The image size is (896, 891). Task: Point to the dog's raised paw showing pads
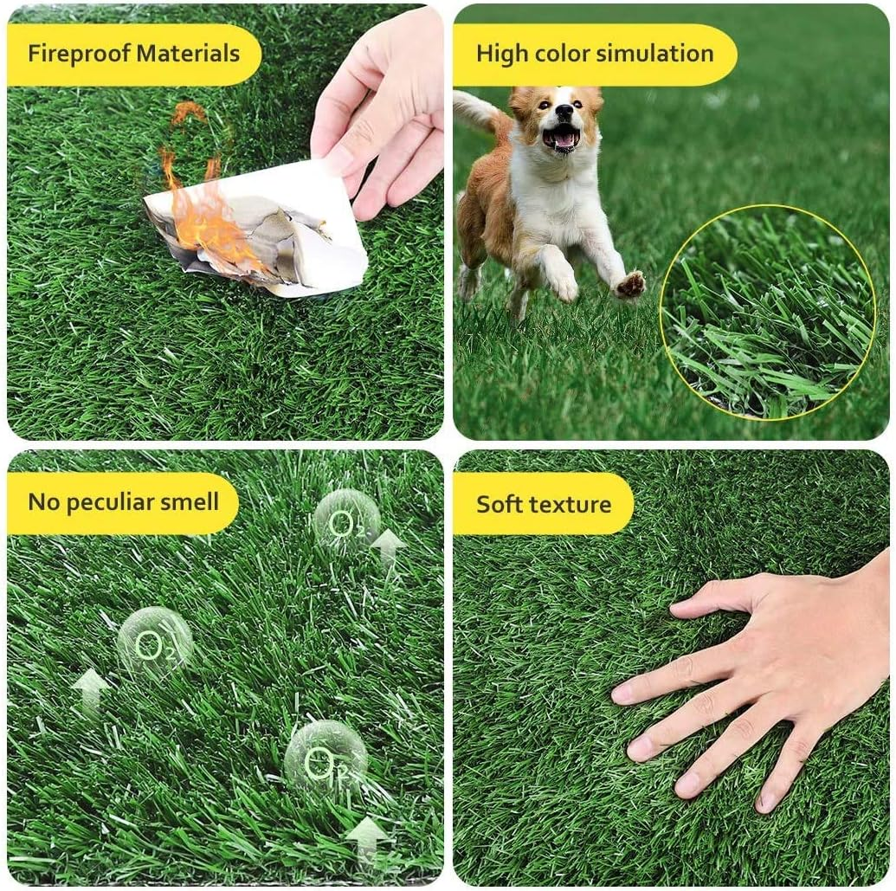click(x=630, y=284)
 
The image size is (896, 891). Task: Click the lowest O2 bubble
click(x=325, y=759)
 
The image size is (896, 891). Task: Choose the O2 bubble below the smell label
click(x=154, y=643)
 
